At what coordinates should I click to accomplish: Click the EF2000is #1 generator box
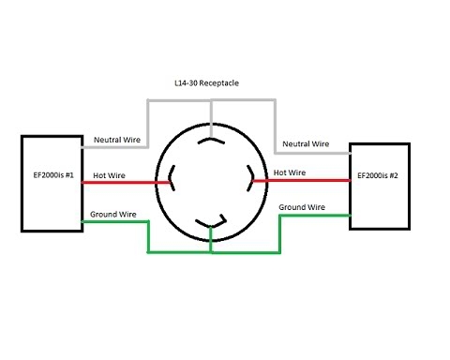[x=52, y=183]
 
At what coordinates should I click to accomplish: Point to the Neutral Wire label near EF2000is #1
[x=117, y=140]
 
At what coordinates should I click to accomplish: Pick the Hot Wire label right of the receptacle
[x=289, y=172]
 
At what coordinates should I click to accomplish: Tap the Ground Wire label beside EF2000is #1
[x=114, y=215]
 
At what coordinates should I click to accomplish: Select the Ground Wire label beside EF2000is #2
[x=302, y=206]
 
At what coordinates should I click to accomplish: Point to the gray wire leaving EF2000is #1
[x=117, y=147]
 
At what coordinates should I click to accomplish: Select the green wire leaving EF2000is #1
[x=117, y=222]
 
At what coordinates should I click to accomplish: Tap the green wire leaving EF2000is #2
[x=314, y=215]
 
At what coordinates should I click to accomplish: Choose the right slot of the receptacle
[x=250, y=174]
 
